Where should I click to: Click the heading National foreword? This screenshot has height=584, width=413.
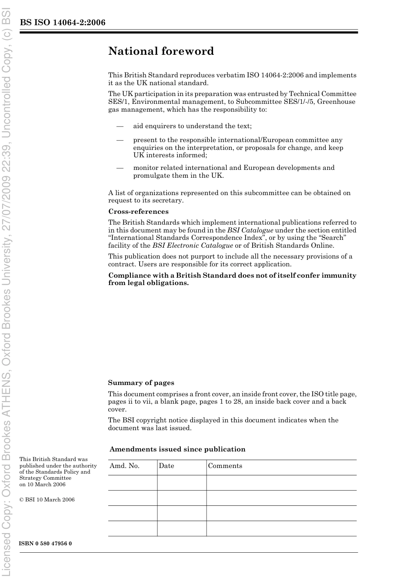click(161, 51)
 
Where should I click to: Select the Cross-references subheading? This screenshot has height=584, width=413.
click(138, 212)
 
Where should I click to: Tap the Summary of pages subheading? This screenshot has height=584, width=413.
click(141, 383)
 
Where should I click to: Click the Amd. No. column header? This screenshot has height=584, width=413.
click(124, 466)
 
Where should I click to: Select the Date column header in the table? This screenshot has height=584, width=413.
click(166, 466)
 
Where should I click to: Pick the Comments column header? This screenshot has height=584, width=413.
click(225, 466)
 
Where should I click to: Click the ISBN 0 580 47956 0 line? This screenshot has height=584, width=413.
click(46, 544)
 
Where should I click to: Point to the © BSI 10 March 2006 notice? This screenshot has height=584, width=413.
click(47, 500)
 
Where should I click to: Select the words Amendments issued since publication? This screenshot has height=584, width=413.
click(177, 449)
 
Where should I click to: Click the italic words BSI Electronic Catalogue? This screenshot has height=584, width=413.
click(193, 246)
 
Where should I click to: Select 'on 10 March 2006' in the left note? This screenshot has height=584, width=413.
click(43, 484)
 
